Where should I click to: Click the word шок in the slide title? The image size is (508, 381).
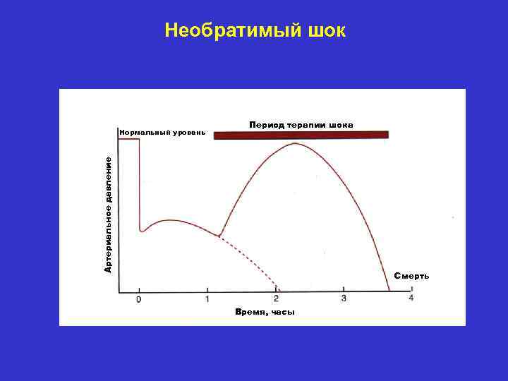325,30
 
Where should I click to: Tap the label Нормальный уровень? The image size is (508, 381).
162,132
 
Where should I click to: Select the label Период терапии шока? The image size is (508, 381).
301,125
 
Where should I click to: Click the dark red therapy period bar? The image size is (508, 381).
301,135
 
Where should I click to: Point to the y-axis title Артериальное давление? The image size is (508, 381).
108,214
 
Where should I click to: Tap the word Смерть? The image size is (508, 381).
411,276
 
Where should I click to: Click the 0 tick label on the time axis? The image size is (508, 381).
138,300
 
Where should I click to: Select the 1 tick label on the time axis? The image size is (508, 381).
207,299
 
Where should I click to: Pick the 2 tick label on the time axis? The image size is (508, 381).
276,299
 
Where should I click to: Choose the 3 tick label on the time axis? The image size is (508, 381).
344,299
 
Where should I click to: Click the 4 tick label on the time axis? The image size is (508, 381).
411,299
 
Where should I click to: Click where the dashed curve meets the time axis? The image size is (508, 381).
280,291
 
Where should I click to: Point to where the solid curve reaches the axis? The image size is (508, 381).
389,291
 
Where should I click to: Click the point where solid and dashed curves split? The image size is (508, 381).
219,236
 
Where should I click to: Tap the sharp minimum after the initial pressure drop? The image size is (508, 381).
142,231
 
